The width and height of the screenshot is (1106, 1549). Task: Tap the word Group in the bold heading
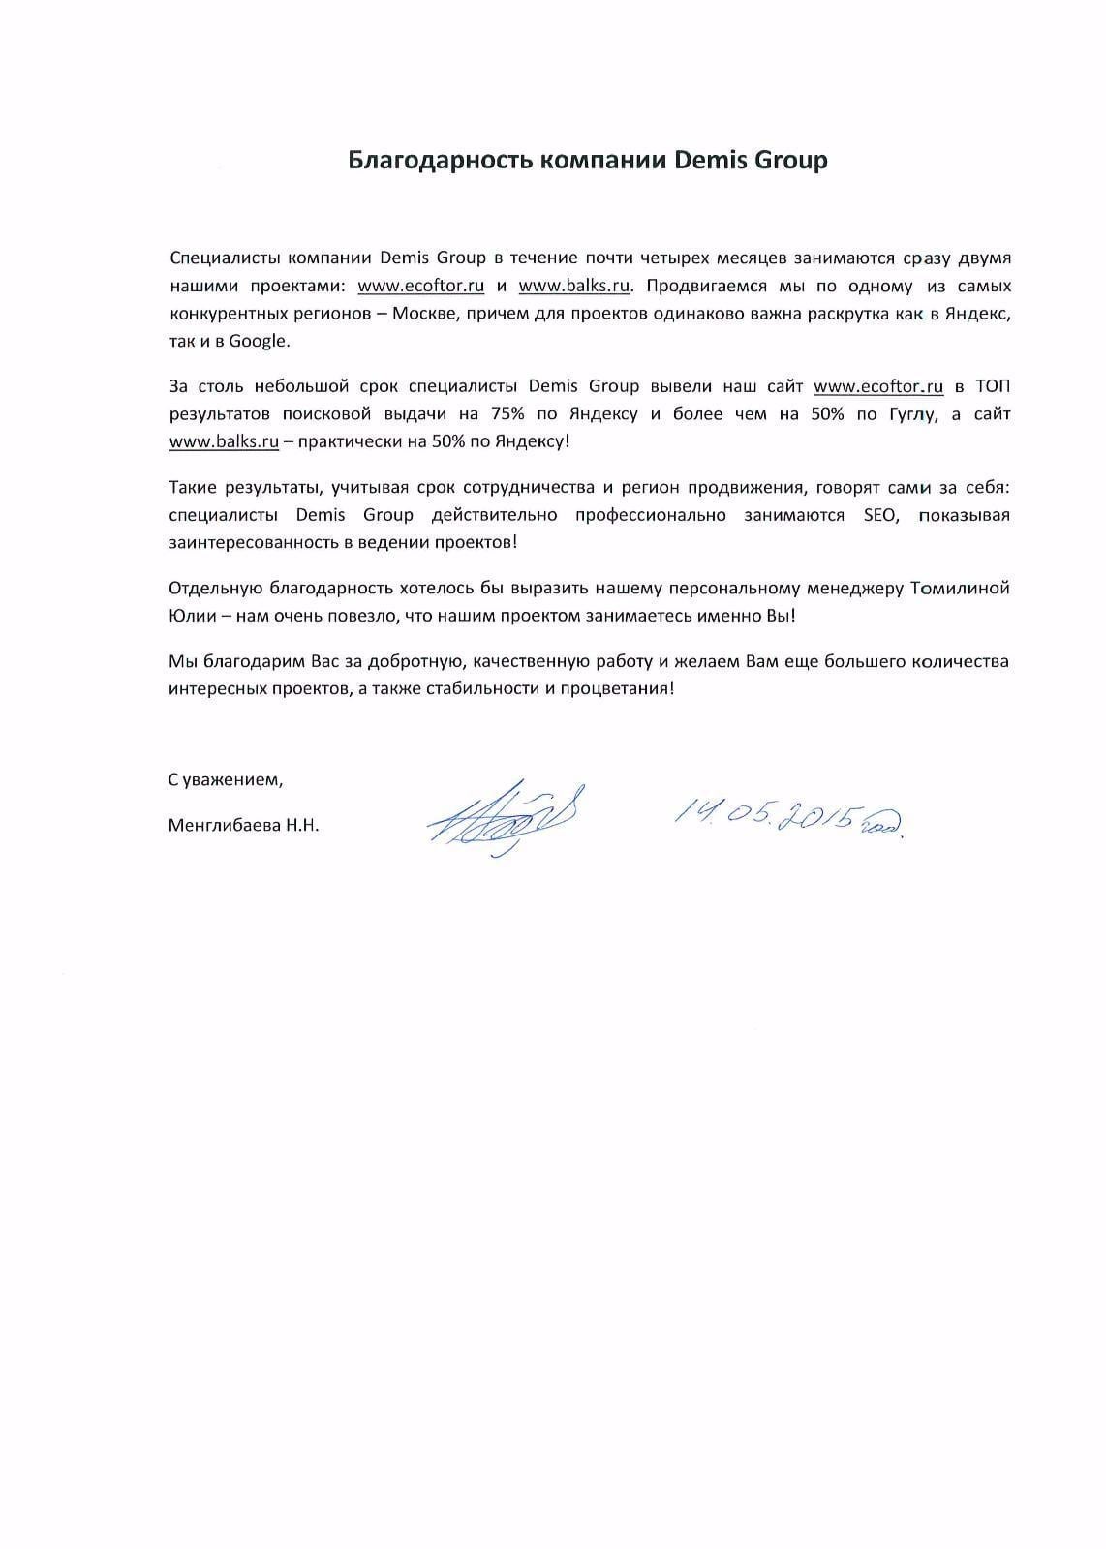[x=790, y=161]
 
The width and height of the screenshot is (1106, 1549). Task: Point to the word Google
[x=259, y=341]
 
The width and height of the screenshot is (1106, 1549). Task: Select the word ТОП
[x=992, y=387]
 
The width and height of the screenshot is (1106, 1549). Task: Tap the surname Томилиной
[x=961, y=589]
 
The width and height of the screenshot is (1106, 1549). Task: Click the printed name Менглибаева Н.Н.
[x=243, y=826]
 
